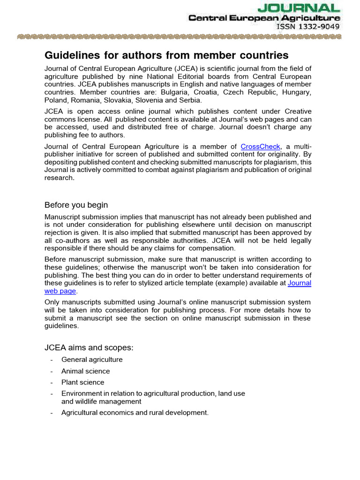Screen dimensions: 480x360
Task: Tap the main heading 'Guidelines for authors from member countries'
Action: [166, 55]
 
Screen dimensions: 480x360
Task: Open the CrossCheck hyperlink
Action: [260, 147]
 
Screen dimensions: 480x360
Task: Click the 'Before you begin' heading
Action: [76, 205]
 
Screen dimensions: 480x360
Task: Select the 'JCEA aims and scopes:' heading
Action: [89, 348]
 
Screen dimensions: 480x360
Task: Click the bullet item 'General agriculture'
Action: [92, 360]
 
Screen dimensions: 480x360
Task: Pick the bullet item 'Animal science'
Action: [85, 371]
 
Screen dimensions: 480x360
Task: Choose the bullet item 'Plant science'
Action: [82, 382]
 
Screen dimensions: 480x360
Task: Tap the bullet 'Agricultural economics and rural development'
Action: [135, 413]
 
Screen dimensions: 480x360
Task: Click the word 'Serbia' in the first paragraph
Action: [192, 100]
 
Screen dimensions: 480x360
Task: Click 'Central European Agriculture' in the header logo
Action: [265, 18]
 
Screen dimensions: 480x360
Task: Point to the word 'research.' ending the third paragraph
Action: [60, 178]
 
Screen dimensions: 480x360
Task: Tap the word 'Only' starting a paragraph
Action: [52, 302]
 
